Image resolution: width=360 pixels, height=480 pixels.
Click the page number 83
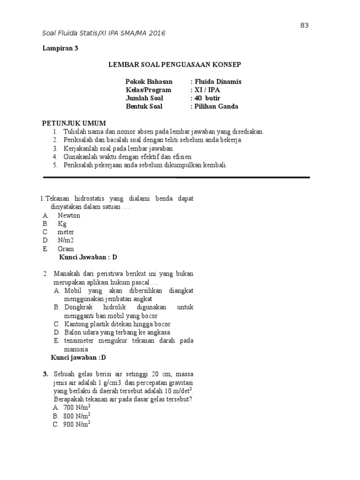pos(304,25)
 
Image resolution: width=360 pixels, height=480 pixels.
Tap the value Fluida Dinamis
pos(216,81)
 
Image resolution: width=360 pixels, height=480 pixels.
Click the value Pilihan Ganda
pos(215,106)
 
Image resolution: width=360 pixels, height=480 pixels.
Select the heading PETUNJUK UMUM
pos(74,123)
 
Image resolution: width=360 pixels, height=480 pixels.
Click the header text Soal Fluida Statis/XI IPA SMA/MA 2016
pos(104,33)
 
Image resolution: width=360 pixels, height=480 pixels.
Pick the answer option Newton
pos(69,215)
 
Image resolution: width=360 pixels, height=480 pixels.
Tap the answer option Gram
pos(66,249)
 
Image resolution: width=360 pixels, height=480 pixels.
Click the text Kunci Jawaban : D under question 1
pos(88,257)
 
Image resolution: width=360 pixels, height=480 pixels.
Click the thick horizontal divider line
pos(176,178)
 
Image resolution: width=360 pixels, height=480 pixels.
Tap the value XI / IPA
pos(205,90)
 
